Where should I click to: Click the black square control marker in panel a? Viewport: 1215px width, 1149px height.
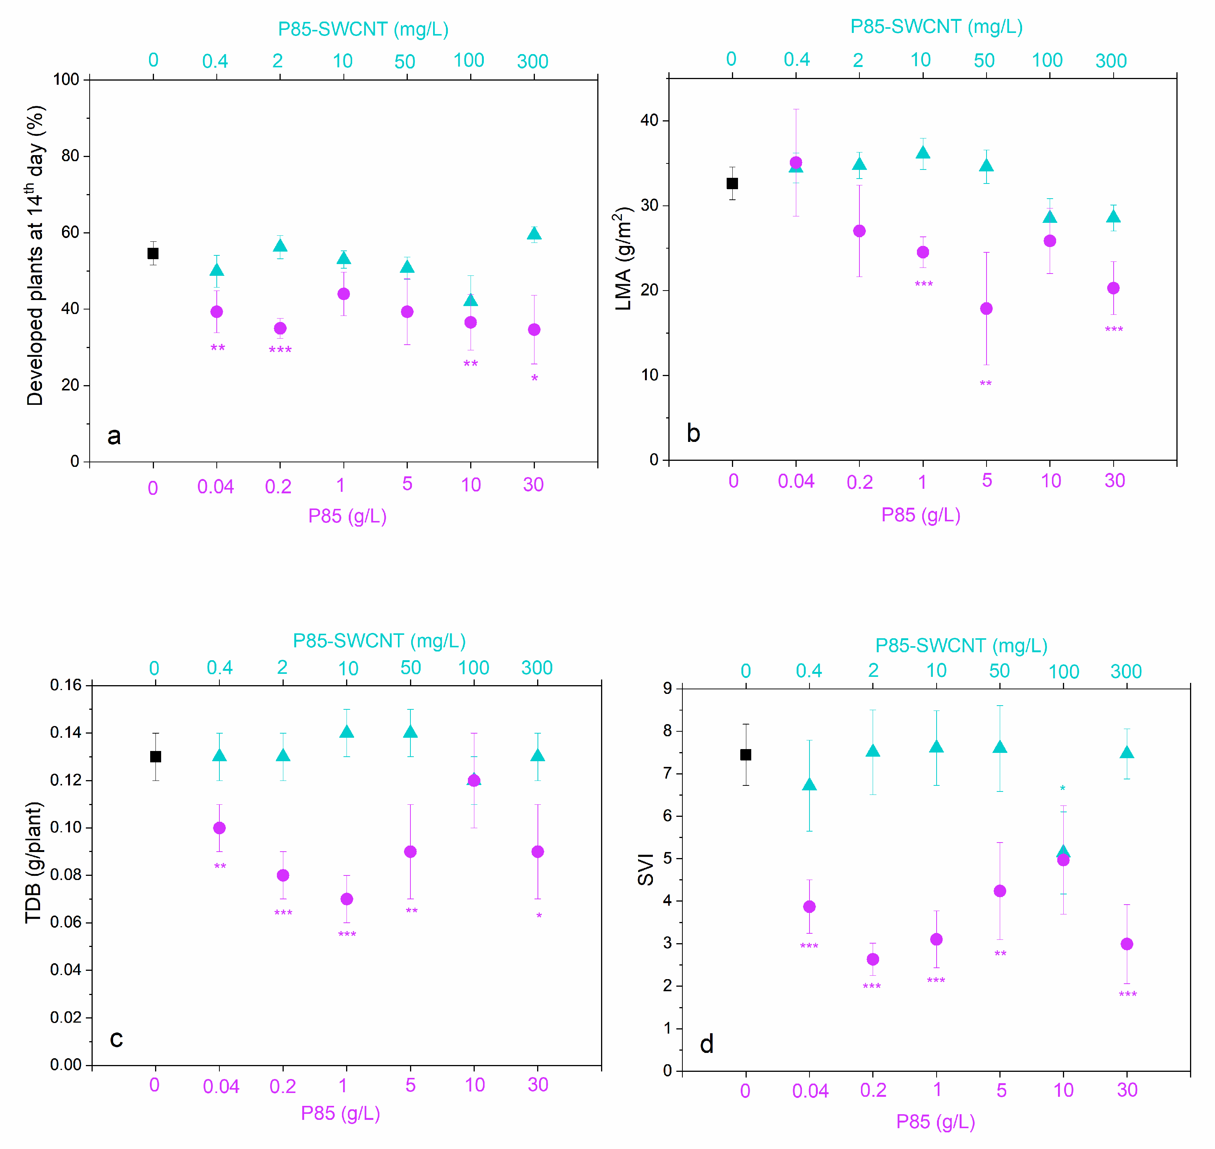click(x=153, y=253)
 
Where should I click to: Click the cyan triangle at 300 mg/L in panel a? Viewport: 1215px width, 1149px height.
click(x=534, y=234)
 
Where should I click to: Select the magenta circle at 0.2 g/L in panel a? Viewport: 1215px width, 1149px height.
click(x=280, y=328)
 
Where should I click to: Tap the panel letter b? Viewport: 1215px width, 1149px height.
click(x=693, y=434)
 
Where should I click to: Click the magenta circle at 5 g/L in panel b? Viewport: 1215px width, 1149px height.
click(x=986, y=309)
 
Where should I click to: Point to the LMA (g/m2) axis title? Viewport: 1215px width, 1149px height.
click(x=623, y=258)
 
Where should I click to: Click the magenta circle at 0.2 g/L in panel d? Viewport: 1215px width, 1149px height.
click(x=873, y=959)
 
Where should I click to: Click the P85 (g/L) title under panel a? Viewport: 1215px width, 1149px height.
click(x=347, y=516)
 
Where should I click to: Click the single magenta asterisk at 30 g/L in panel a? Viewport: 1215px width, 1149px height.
click(x=534, y=378)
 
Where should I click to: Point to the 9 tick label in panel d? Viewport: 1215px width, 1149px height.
click(x=668, y=689)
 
